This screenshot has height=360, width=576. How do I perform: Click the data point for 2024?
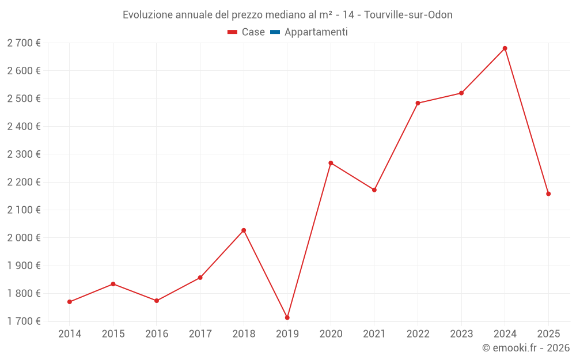[505, 48]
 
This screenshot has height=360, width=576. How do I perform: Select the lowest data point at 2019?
[287, 317]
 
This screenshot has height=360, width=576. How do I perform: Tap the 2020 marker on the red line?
[331, 163]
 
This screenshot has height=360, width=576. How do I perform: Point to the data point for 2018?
[244, 230]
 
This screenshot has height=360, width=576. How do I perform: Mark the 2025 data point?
[548, 194]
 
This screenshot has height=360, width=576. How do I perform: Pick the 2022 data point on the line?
[418, 103]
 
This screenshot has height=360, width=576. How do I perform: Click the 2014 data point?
[70, 302]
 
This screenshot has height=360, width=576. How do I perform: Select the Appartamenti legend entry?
[316, 32]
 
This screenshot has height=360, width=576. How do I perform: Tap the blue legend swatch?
[275, 32]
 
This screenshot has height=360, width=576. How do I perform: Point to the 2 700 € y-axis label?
[24, 43]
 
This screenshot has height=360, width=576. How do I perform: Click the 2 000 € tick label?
[24, 238]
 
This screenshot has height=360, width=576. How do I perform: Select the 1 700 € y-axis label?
[24, 321]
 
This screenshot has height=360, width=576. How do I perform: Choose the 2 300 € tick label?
[24, 154]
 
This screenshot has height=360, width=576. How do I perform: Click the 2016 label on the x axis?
[157, 334]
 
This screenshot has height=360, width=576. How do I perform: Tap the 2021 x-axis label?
[374, 334]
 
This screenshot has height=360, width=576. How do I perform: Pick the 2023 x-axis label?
[461, 334]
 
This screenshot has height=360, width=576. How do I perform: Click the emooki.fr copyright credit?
[526, 348]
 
